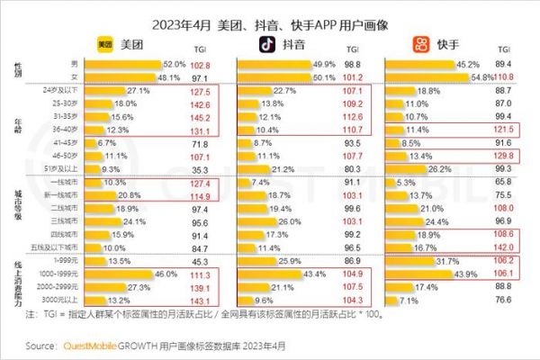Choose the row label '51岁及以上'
pyautogui.click(x=59, y=169)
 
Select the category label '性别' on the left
pyautogui.click(x=20, y=71)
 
